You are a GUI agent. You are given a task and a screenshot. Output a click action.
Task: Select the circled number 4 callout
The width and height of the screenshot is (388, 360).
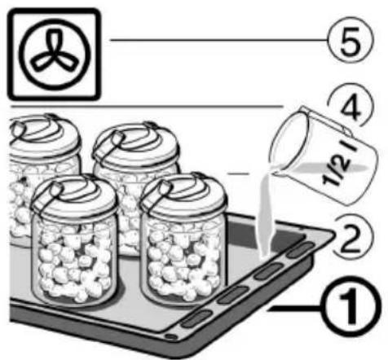(353, 104)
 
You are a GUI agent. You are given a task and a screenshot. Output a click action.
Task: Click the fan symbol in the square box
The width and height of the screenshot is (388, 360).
(54, 54)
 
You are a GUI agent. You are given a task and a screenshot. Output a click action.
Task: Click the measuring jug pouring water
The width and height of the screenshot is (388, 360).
(323, 156)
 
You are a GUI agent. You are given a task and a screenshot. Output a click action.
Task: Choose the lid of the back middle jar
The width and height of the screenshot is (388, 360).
(136, 145)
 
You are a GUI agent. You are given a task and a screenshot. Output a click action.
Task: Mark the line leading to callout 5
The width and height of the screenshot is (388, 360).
(219, 40)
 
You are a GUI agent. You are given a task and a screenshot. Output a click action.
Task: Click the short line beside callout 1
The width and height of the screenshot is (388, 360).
(294, 309)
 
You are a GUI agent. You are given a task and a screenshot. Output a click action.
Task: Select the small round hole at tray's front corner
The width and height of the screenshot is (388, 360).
(171, 337)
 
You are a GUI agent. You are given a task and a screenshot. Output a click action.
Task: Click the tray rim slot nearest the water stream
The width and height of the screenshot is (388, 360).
(301, 250)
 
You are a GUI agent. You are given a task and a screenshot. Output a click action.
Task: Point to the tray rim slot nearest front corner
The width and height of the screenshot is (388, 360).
(197, 318)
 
